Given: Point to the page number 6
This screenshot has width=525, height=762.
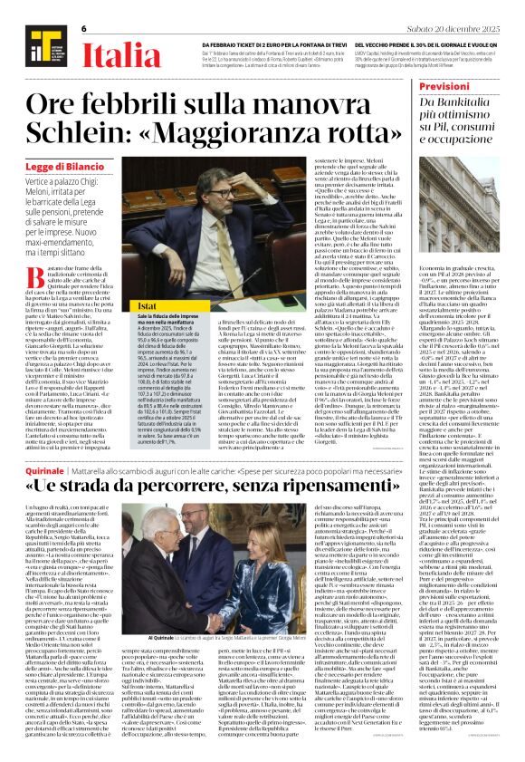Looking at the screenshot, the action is [83, 29].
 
